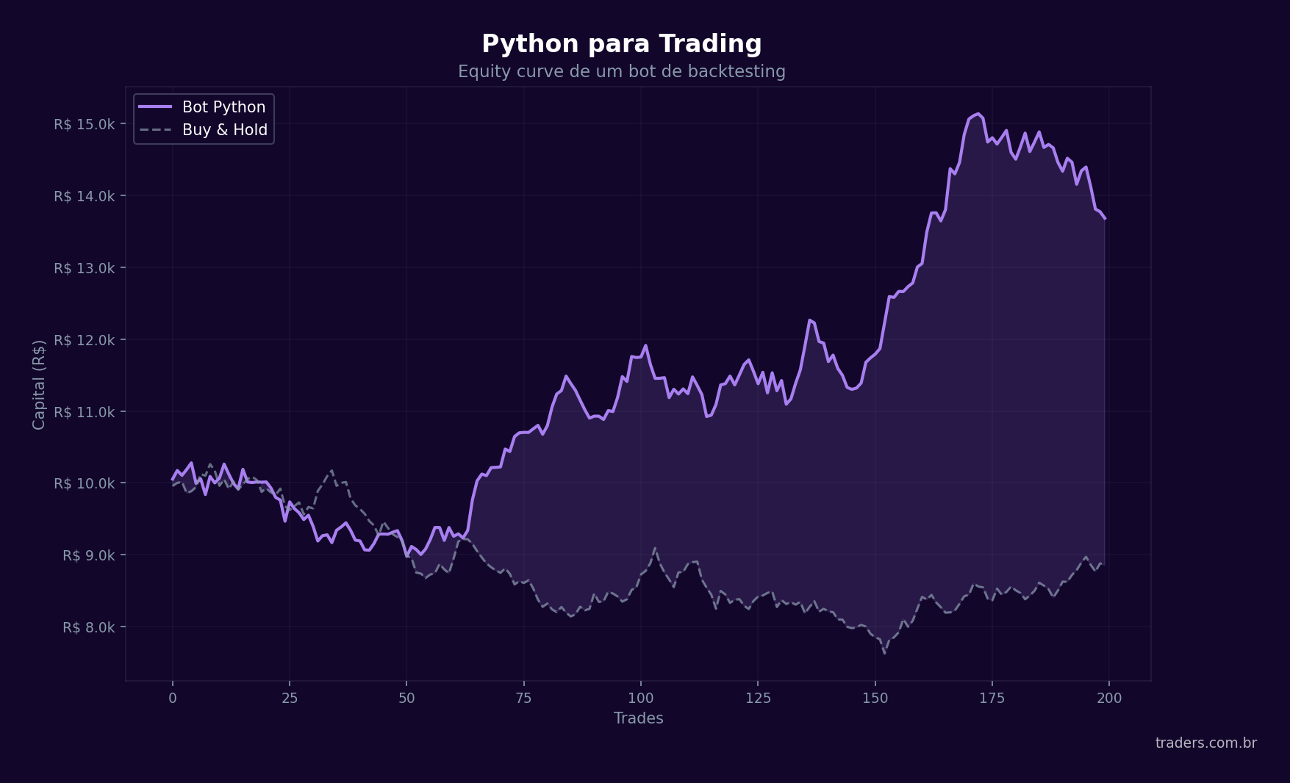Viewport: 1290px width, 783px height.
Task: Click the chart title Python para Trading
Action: coord(621,44)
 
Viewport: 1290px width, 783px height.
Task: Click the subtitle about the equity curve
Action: coord(621,71)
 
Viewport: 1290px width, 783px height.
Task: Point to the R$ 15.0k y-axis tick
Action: coord(84,124)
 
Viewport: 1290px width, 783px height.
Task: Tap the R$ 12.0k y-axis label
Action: coord(84,340)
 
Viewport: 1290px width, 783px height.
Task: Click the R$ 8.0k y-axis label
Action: coord(88,627)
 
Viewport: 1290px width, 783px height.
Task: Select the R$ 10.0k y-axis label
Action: coord(84,483)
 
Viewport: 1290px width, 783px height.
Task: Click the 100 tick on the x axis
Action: coord(640,698)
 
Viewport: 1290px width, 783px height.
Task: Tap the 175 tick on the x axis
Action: coord(992,698)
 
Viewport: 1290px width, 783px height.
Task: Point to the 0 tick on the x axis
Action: coord(173,698)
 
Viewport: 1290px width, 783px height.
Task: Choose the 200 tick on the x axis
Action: coord(1108,698)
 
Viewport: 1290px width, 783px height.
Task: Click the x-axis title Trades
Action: coord(638,718)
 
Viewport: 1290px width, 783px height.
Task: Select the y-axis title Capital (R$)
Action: coord(39,384)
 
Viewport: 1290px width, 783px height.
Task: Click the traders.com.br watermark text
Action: coord(1205,743)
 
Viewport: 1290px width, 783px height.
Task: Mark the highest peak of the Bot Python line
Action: coord(978,114)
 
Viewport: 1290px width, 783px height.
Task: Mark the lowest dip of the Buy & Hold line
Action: coord(884,653)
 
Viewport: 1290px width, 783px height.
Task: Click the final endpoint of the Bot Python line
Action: coord(1105,218)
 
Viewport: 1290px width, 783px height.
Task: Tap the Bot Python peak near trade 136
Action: coord(809,320)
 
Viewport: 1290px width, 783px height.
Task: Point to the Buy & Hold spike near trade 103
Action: coord(655,548)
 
